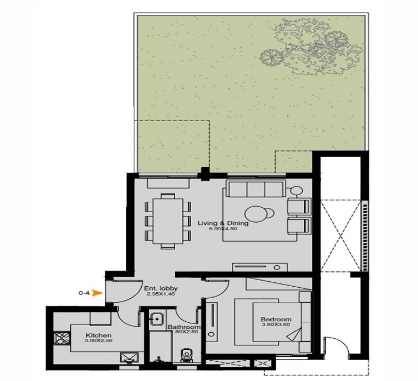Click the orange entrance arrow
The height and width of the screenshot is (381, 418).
97,293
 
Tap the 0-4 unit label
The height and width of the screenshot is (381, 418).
83,293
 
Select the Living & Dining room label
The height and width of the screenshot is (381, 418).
223,223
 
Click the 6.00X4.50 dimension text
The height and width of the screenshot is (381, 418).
223,229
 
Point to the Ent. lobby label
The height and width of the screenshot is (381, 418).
161,288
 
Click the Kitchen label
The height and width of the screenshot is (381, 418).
98,335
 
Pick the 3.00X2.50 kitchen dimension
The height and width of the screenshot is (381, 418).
98,340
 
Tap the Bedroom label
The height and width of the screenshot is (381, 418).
276,319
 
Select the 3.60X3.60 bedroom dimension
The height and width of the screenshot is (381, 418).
276,325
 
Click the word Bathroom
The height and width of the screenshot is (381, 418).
184,327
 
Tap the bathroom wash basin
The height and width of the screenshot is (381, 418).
157,318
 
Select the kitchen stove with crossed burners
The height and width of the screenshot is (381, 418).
62,338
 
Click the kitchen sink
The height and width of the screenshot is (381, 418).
129,357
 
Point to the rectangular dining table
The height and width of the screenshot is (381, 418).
168,221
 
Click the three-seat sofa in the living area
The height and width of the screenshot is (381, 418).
255,189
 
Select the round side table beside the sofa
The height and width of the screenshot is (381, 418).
297,191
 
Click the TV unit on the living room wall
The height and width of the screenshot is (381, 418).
260,267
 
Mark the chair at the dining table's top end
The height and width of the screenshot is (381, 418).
168,196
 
